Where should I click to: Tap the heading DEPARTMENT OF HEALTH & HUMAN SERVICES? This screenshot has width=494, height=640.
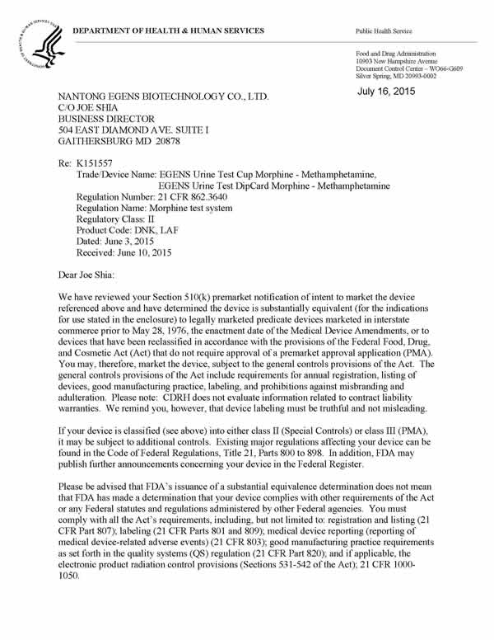(x=168, y=31)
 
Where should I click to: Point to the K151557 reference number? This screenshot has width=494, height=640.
(x=92, y=162)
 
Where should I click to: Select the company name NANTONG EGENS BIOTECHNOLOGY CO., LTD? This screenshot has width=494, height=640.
(x=162, y=96)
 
